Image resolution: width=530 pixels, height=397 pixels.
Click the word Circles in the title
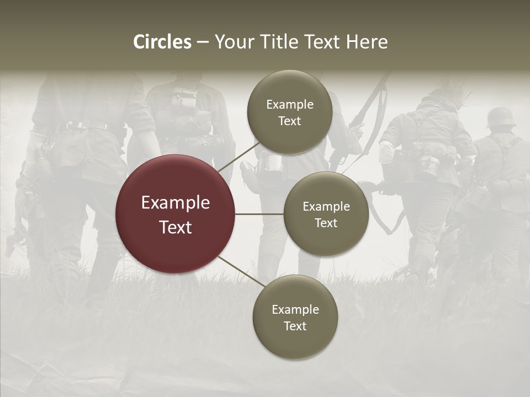click(x=162, y=42)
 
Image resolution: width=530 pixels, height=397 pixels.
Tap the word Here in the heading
click(x=367, y=42)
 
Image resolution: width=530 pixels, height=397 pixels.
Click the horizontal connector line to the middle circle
click(x=259, y=214)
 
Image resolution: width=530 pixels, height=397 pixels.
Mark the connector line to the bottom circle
click(x=237, y=272)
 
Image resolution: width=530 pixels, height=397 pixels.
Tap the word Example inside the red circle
click(x=176, y=203)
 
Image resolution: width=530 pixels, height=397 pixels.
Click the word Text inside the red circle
click(x=176, y=227)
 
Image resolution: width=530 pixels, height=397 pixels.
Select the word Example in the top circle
click(x=290, y=105)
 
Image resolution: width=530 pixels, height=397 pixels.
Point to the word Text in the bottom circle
click(x=295, y=326)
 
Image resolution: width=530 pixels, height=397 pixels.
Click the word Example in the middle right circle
click(x=326, y=207)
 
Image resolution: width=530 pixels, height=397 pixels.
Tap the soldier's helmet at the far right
click(x=501, y=117)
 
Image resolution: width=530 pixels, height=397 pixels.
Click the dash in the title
click(x=203, y=42)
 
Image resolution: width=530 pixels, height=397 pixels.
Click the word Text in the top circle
click(x=289, y=121)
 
